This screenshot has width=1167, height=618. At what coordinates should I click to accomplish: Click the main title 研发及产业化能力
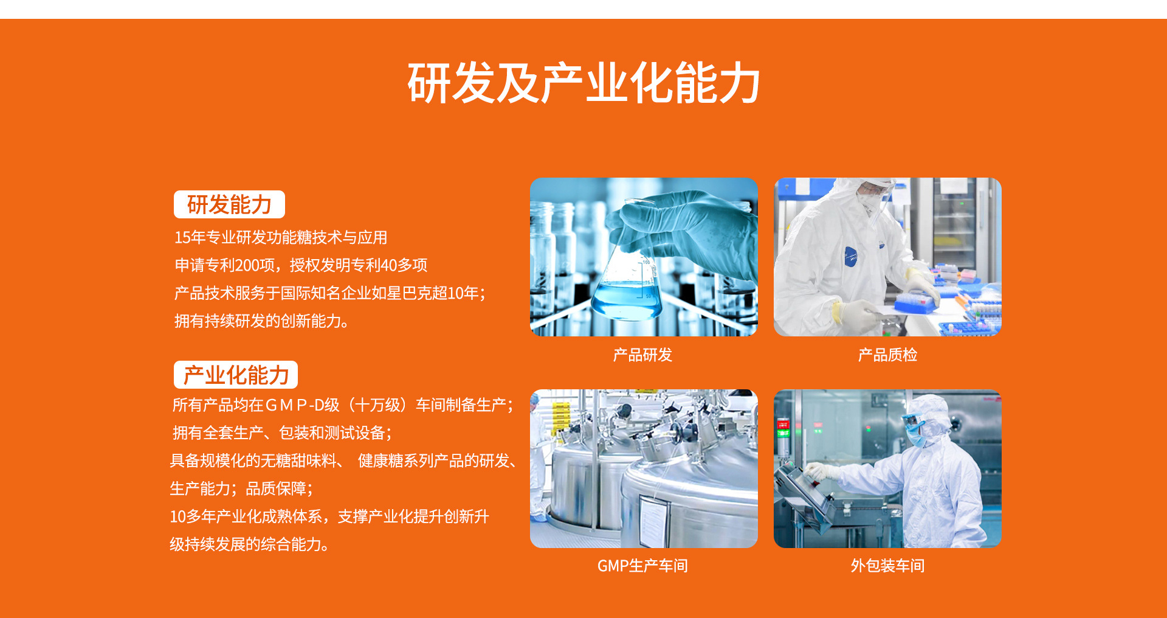[x=583, y=83]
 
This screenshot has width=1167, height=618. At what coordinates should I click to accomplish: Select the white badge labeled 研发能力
[x=229, y=204]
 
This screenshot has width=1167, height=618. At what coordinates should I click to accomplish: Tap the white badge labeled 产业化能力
[x=236, y=375]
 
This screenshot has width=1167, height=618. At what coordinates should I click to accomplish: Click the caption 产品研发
[x=642, y=355]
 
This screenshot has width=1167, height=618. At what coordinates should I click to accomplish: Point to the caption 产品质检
[x=887, y=355]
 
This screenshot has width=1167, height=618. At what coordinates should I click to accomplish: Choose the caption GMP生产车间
[x=642, y=566]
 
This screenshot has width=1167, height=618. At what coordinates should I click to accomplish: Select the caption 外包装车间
[x=887, y=566]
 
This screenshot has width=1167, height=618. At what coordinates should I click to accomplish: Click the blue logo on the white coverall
[x=850, y=257]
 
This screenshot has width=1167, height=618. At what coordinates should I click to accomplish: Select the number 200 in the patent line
[x=247, y=265]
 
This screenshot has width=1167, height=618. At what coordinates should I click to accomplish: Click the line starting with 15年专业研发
[x=281, y=237]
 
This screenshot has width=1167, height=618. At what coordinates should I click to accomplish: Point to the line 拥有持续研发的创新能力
[x=262, y=321]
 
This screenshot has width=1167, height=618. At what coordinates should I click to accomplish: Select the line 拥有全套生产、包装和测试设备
[x=282, y=433]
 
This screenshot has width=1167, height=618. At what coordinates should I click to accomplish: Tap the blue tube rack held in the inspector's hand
[x=915, y=302]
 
